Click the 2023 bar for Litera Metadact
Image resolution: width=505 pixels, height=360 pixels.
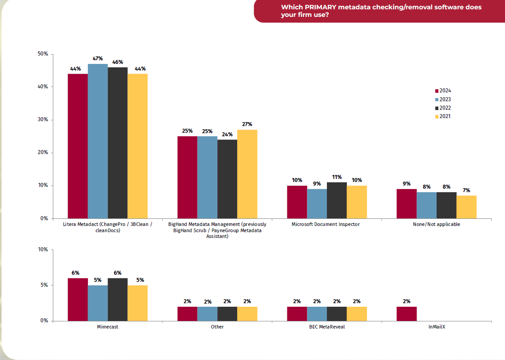coord(98,141)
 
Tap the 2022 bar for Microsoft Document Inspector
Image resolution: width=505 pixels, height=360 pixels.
coord(337,200)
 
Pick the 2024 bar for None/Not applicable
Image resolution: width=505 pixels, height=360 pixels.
coord(406,204)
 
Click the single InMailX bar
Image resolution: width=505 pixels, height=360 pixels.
coord(406,313)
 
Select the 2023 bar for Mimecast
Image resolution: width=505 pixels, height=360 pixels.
coord(98,303)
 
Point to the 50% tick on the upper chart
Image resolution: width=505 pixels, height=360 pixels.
coord(43,54)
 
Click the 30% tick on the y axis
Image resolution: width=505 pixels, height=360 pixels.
coord(43,120)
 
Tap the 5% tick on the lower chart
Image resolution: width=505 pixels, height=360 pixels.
coord(44,285)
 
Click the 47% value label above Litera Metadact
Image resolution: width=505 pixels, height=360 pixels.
coord(98,59)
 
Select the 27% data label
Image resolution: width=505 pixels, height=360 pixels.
coord(247,124)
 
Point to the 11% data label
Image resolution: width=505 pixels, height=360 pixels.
coord(337,177)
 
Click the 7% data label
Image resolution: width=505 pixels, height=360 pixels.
coord(466,190)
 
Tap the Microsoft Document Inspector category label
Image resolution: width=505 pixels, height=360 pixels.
coord(326,224)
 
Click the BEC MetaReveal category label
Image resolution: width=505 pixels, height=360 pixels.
coord(327,327)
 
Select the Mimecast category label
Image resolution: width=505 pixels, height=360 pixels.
coord(107,327)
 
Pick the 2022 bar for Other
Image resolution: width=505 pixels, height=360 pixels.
coord(227,313)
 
